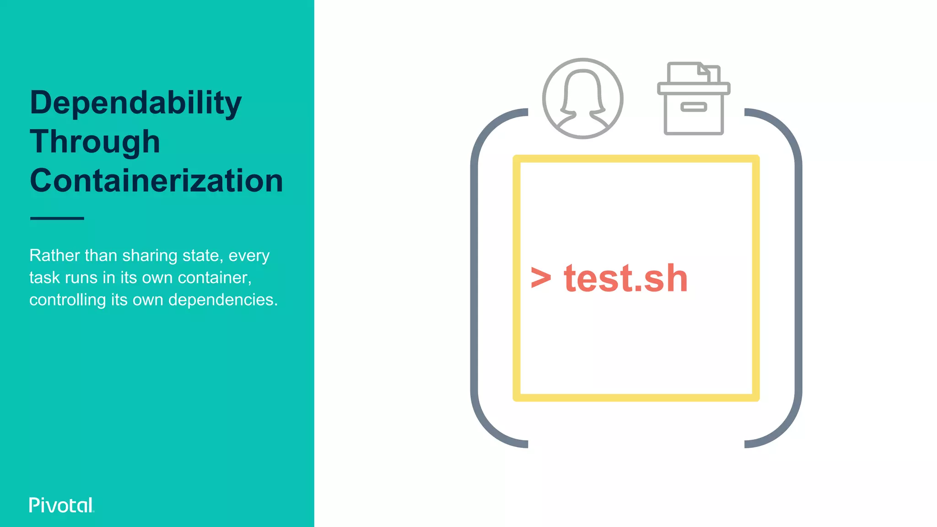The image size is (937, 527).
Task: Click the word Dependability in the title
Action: coord(135,103)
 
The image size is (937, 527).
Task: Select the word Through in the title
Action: coord(95,141)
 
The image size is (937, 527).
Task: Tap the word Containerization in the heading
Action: coord(156,181)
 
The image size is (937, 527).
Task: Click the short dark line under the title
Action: coord(57,218)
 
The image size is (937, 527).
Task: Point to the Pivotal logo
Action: coord(61,505)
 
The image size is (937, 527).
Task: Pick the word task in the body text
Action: coord(45,278)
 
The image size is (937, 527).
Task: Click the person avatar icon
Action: coord(582,98)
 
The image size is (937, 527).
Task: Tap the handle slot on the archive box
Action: coord(694,107)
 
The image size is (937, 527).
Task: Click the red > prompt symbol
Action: coord(541,278)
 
